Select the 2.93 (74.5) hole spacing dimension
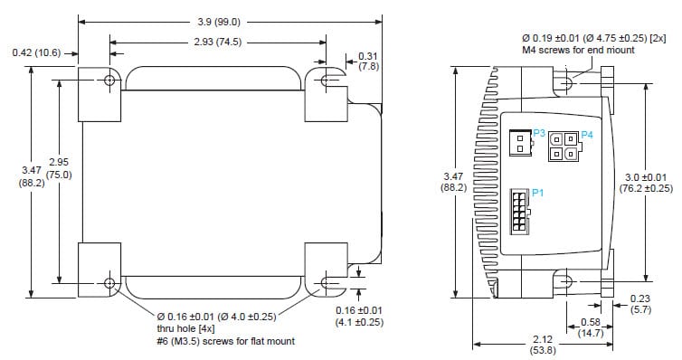point(218,43)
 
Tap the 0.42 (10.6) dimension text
point(36,52)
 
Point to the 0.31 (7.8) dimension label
point(369,61)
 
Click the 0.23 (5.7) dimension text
point(639,303)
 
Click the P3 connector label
point(538,133)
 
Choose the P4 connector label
point(586,135)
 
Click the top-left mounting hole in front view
point(110,81)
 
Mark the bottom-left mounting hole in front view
point(110,283)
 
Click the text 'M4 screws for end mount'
point(578,51)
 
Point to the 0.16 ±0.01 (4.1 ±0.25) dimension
point(360,316)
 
